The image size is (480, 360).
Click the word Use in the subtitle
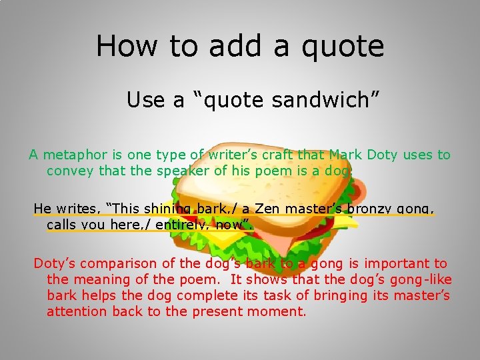(x=145, y=100)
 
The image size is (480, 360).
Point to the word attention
(x=77, y=311)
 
